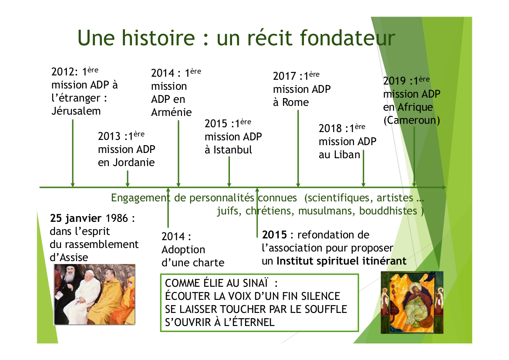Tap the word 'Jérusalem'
click(76, 111)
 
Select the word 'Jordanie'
click(134, 163)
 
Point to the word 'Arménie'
click(172, 112)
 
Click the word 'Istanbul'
click(233, 150)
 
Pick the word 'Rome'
click(295, 102)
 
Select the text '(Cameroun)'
click(411, 120)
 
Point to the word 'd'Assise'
click(69, 257)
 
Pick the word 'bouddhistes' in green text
click(388, 211)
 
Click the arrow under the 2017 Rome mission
click(298, 149)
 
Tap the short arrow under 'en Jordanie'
click(128, 179)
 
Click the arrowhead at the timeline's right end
click(444, 187)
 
